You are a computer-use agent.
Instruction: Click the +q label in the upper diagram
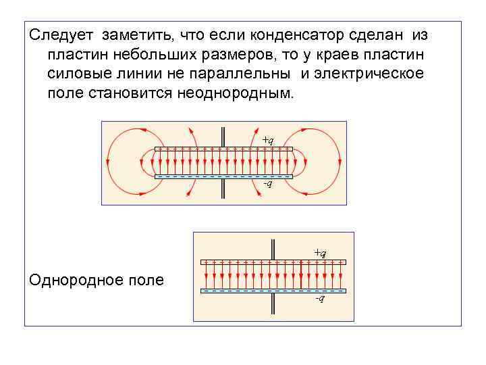(x=267, y=140)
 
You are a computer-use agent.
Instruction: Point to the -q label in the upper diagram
(x=267, y=185)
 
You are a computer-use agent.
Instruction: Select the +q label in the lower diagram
(x=320, y=252)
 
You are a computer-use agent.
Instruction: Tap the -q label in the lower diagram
(x=320, y=298)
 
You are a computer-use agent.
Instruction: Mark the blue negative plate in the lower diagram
(x=273, y=291)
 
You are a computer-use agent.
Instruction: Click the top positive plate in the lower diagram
(x=273, y=261)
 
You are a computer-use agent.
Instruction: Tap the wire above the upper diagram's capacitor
(x=223, y=135)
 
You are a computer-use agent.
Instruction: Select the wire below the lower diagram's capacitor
(x=273, y=303)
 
